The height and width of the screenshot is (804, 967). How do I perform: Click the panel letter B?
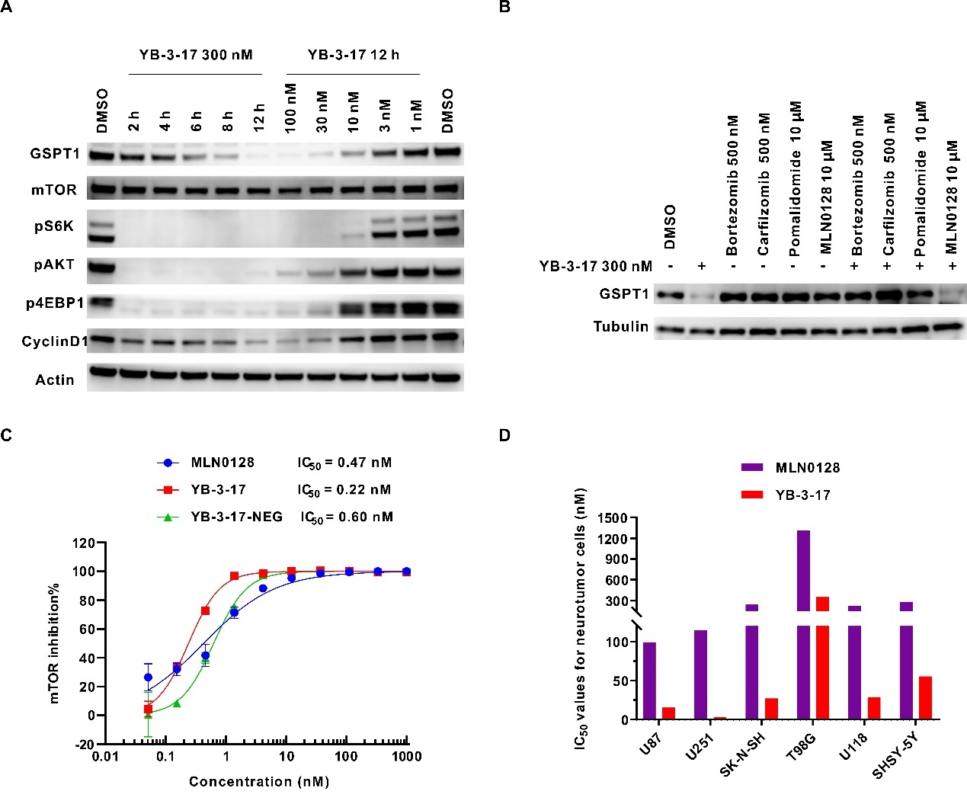pyautogui.click(x=504, y=8)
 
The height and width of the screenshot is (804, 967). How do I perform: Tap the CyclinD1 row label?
pyautogui.click(x=54, y=341)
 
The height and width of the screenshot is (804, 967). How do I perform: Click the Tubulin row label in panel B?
pyautogui.click(x=621, y=327)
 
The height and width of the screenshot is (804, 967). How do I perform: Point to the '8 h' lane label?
pyautogui.click(x=228, y=120)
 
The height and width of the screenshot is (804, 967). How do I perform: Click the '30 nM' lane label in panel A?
pyautogui.click(x=322, y=111)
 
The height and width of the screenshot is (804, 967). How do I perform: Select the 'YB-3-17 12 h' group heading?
pyautogui.click(x=354, y=55)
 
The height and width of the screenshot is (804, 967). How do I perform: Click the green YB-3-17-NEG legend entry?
pyautogui.click(x=236, y=517)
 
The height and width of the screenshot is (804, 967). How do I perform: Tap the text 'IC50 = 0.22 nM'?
pyautogui.click(x=344, y=490)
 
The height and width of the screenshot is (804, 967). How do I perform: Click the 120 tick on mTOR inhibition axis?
pyautogui.click(x=83, y=543)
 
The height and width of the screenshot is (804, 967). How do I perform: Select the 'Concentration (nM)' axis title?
pyautogui.click(x=259, y=782)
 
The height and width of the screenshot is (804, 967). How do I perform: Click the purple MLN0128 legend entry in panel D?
pyautogui.click(x=807, y=467)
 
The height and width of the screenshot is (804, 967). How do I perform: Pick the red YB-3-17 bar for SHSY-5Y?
pyautogui.click(x=925, y=697)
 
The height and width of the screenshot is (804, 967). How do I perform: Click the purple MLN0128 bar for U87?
pyautogui.click(x=649, y=681)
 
